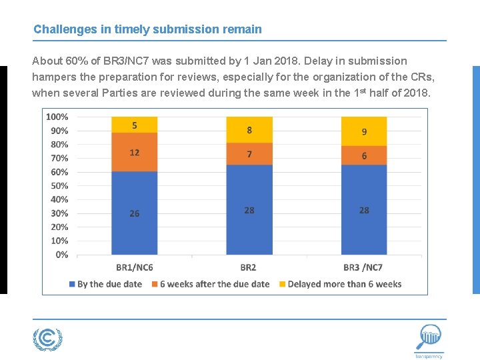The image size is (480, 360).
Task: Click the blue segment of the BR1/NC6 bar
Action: point(135,213)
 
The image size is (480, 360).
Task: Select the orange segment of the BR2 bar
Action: point(249,154)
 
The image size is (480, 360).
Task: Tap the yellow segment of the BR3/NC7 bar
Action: point(364,131)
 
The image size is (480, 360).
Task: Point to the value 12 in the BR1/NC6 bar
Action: point(135,152)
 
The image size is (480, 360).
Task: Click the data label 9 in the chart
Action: point(364,132)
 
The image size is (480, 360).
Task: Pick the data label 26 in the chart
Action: point(135,213)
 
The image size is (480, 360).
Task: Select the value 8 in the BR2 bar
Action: point(249,130)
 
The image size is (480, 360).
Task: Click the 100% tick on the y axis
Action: point(57,117)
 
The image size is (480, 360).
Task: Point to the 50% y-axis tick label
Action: point(59,185)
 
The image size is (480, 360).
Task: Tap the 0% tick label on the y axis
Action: point(61,255)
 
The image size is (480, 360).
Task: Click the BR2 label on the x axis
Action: point(249,267)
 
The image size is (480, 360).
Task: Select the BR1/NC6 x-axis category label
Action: point(135,267)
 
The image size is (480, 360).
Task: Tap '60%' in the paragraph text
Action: point(76,61)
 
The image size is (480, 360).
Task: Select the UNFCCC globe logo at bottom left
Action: point(47,339)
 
